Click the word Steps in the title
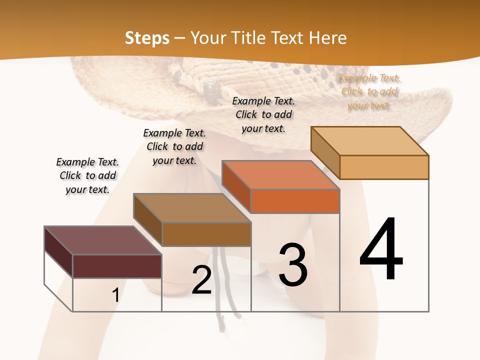coord(147,38)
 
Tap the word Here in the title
coord(328,38)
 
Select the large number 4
coord(381,250)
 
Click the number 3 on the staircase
coord(293,265)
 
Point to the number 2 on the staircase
coord(201,280)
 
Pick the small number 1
coord(115,295)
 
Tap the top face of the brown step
coord(192,208)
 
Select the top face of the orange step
coord(280,175)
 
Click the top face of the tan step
coord(369,141)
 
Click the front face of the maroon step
coord(117,266)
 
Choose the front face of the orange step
coord(295,201)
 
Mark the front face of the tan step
coord(384,167)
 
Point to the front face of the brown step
coord(206,234)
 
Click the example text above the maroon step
coord(87,175)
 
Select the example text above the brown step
coord(174,146)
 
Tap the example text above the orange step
coord(263,114)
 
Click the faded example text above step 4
coord(369,91)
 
